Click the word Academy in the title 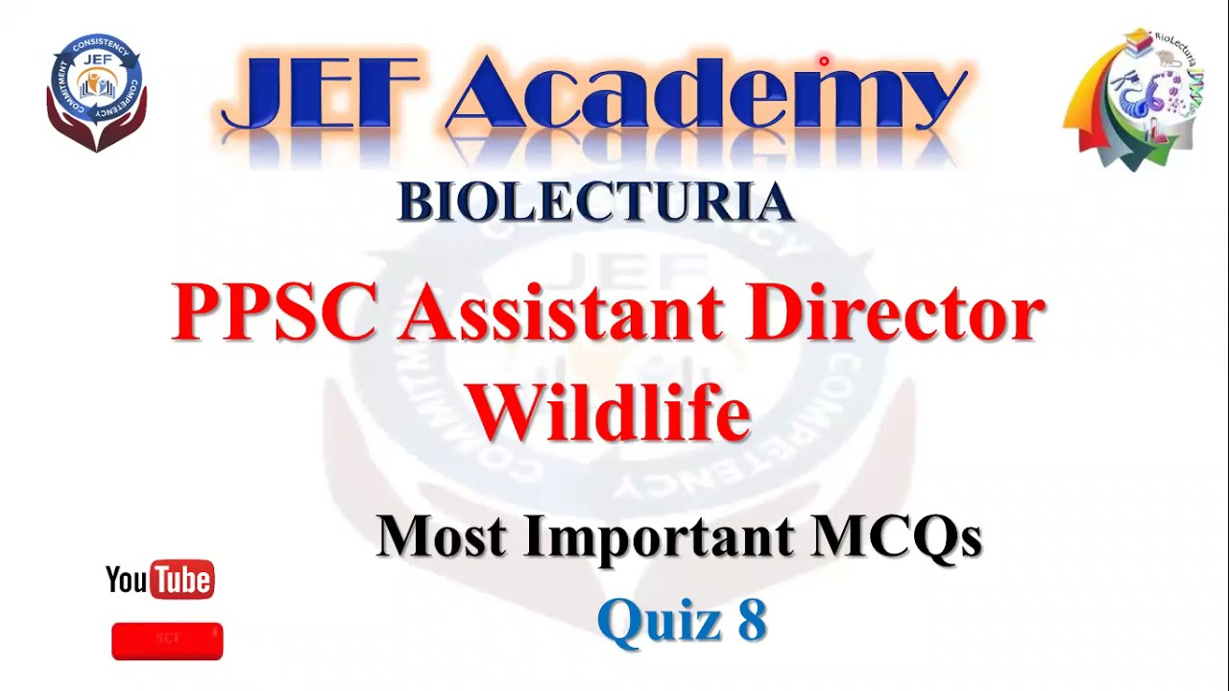pyautogui.click(x=706, y=96)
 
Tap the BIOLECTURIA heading pyautogui.click(x=595, y=203)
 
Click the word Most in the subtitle pyautogui.click(x=441, y=536)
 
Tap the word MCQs pyautogui.click(x=897, y=536)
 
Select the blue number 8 pyautogui.click(x=752, y=620)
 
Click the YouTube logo pyautogui.click(x=159, y=580)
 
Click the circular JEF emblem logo pyautogui.click(x=96, y=91)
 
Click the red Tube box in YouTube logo pyautogui.click(x=182, y=580)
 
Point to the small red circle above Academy pyautogui.click(x=824, y=61)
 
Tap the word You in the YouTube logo pyautogui.click(x=127, y=580)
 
